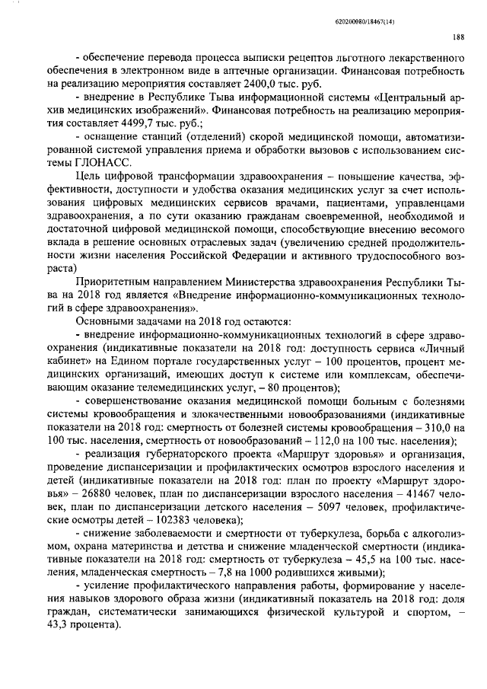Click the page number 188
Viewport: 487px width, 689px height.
(x=459, y=36)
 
